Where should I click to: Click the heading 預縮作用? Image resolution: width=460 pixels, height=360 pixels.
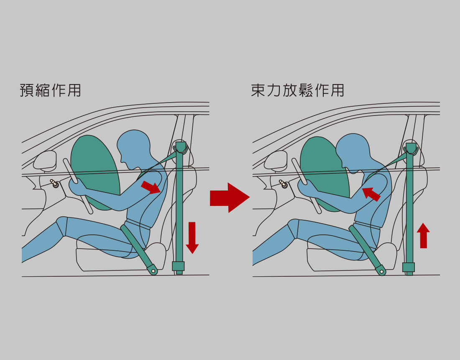click(50, 90)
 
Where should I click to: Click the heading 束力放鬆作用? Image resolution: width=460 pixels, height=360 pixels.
click(297, 90)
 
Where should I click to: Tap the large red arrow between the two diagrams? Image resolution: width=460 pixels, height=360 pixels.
click(230, 198)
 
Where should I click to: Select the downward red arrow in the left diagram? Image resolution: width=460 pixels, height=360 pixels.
click(192, 237)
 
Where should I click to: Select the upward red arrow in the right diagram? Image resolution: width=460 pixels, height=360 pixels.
click(423, 235)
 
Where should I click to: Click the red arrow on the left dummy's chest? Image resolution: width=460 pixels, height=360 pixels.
click(151, 187)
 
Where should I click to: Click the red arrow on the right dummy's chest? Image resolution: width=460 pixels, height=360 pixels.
click(371, 194)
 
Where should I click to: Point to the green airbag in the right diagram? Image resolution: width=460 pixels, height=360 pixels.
click(324, 173)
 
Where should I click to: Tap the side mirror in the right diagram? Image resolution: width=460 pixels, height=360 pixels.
click(276, 160)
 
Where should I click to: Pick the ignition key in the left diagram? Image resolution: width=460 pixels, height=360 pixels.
click(54, 184)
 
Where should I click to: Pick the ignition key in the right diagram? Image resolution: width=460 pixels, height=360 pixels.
click(284, 184)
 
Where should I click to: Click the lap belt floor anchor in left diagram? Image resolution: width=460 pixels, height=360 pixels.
click(153, 270)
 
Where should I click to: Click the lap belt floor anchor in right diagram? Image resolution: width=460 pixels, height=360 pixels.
click(381, 270)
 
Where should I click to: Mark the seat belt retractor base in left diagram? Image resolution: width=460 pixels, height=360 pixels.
click(178, 266)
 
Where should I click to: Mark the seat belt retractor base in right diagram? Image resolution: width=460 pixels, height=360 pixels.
click(409, 267)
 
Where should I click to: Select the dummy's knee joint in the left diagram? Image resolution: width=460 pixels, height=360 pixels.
click(62, 226)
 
